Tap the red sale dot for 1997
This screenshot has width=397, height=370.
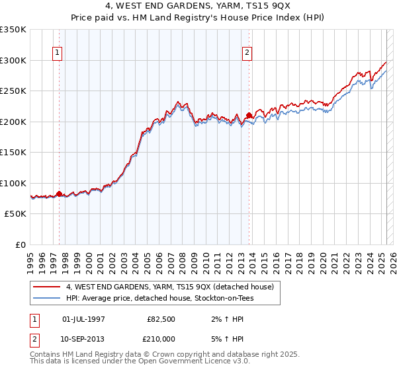59,194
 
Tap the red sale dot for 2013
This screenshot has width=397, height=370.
249,116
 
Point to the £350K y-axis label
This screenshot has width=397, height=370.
13,30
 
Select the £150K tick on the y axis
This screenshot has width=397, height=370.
13,153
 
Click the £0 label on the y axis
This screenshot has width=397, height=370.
21,244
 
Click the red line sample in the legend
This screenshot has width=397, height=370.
46,287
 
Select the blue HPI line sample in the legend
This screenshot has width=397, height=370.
46,298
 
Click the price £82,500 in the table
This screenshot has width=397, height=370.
160,318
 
